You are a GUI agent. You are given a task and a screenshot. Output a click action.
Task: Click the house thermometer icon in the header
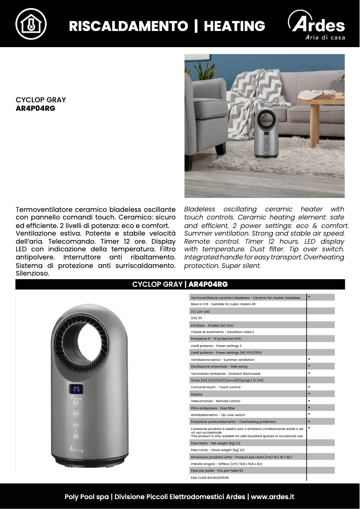[31, 24]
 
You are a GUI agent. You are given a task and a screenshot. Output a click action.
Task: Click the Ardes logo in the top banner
[317, 26]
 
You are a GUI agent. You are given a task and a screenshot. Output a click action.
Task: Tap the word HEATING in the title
[234, 26]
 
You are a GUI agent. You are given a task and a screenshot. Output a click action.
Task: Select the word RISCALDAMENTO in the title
[128, 26]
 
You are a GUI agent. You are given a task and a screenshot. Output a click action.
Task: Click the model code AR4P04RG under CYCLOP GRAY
[35, 108]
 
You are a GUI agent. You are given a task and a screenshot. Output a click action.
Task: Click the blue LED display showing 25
[76, 389]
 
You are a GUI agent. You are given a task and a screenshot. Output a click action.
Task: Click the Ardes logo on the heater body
[76, 449]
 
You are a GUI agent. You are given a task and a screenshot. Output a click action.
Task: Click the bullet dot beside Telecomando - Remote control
[309, 400]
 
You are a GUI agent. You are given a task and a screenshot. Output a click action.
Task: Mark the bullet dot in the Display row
[309, 394]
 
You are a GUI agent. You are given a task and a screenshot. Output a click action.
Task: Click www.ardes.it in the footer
[272, 497]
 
